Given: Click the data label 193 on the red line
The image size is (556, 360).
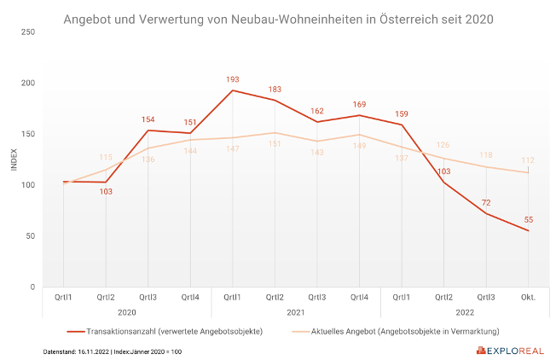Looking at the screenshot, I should [x=233, y=79].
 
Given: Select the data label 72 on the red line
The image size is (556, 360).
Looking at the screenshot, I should [x=487, y=202].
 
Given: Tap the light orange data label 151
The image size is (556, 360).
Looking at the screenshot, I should [x=275, y=144].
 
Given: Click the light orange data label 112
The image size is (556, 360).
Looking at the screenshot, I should [x=529, y=161].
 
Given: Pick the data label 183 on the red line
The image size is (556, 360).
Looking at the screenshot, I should [x=275, y=90].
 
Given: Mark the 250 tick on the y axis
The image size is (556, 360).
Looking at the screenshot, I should [x=28, y=32].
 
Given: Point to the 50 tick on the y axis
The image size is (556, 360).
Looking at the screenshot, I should [x=31, y=236].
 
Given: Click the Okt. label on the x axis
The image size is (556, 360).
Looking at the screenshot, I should [x=529, y=298].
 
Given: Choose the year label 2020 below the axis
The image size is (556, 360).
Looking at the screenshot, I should [x=127, y=312].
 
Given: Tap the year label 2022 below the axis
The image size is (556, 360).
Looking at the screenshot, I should [x=465, y=312].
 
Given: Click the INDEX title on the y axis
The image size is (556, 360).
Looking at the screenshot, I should [x=14, y=160].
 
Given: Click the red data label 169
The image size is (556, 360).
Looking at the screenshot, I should [x=359, y=105].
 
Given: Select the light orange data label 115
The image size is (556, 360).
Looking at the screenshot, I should [x=106, y=157].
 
